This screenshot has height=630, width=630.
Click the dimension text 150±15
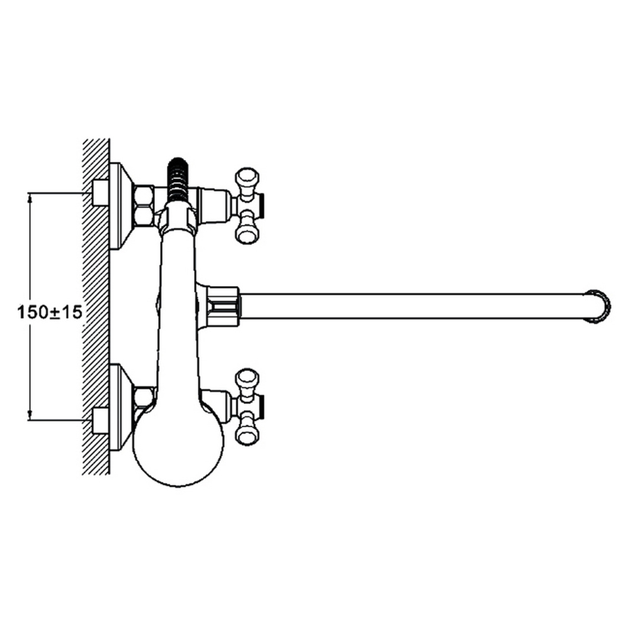click(x=50, y=312)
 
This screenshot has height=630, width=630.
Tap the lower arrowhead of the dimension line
click(x=30, y=415)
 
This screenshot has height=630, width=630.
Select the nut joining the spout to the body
click(x=224, y=306)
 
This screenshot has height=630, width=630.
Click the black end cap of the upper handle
click(x=261, y=205)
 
